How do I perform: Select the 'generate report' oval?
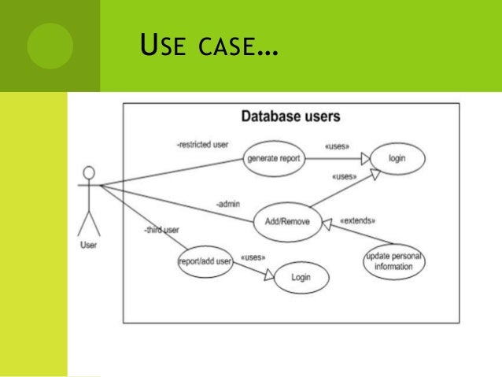tap(272, 158)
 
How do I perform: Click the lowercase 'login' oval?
tap(397, 158)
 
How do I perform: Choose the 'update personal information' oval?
tap(395, 261)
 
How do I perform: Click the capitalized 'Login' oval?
tap(301, 277)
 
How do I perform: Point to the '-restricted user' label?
tap(203, 146)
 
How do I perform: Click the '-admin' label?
tap(229, 204)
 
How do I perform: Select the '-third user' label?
tap(162, 229)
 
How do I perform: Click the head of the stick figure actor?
tap(89, 172)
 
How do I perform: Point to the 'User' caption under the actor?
tap(89, 245)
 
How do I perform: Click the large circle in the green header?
tap(50, 46)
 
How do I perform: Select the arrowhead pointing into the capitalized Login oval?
tap(270, 275)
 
